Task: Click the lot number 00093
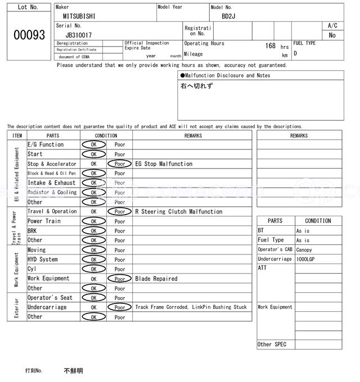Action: (29, 35)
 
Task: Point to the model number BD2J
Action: (228, 16)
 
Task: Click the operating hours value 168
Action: (271, 46)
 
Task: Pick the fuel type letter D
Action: (295, 53)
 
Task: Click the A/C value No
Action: (332, 35)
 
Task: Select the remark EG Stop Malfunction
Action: (164, 164)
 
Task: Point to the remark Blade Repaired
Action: (156, 279)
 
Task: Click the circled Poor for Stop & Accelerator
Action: (120, 164)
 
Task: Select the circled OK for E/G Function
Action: (93, 145)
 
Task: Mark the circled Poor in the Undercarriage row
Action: (120, 307)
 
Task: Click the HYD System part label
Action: (43, 260)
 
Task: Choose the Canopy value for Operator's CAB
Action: (304, 250)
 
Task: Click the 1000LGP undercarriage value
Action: (307, 260)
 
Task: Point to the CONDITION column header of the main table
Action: (106, 135)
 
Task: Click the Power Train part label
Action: (44, 221)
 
